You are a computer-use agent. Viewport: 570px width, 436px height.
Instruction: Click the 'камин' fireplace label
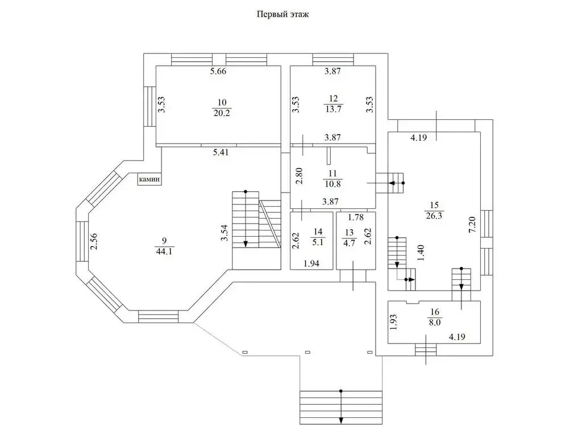149,179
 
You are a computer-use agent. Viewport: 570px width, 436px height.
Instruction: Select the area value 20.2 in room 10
222,112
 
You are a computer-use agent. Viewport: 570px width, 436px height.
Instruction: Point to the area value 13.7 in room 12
332,110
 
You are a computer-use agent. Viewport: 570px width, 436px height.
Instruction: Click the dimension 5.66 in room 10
218,72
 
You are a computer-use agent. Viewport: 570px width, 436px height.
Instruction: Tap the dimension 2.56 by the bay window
94,242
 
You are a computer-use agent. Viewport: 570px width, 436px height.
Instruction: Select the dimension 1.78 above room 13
356,217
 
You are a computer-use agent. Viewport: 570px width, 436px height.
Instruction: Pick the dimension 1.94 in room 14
311,263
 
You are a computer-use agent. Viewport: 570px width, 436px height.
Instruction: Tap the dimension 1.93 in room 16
393,322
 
